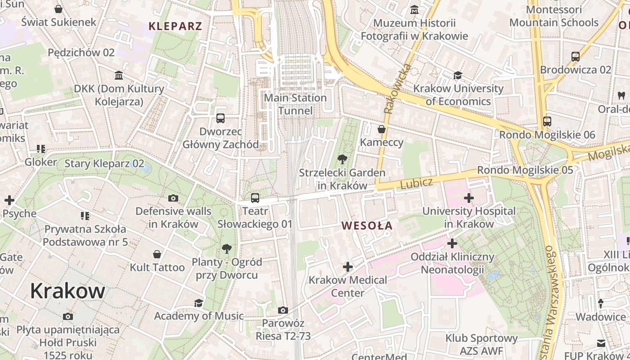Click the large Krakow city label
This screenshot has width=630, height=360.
pos(67,291)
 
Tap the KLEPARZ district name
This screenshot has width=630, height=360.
pos(175,26)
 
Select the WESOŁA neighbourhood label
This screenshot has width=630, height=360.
pos(367,226)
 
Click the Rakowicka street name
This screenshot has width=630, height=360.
pos(392,89)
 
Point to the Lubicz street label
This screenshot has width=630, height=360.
pos(416,183)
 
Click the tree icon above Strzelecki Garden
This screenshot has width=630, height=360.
pos(342,159)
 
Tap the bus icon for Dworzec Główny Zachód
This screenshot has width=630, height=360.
pos(220,118)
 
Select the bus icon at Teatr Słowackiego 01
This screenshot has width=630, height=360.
pos(255,198)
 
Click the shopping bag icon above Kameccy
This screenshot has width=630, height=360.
pos(382,129)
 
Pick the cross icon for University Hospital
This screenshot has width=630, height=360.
pos(469,198)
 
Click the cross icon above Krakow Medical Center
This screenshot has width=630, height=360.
pos(347,267)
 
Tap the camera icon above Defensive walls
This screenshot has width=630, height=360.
pos(173,198)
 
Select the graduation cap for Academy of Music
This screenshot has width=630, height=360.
pos(198,303)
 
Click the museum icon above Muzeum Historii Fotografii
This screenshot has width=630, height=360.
pos(414,9)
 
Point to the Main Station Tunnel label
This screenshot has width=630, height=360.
pos(295,104)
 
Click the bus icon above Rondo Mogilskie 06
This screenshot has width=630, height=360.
pos(547,121)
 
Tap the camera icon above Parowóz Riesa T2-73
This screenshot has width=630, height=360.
pos(283,310)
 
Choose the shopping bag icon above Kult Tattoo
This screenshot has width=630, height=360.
pos(157,254)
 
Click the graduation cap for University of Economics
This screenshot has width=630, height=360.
pos(458,75)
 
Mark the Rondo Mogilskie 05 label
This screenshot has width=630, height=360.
pos(525,170)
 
